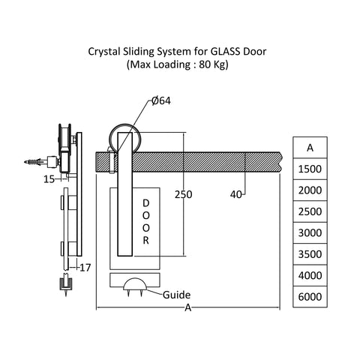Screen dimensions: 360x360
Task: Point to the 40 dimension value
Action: click(x=237, y=193)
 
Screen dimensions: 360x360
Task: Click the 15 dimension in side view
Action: click(x=49, y=178)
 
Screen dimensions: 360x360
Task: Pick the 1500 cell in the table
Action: click(x=310, y=169)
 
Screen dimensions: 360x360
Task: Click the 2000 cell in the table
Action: click(x=310, y=190)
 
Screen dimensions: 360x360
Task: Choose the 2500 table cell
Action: click(x=310, y=211)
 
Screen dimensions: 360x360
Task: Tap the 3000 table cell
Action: click(x=310, y=233)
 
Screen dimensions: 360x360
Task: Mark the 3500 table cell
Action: click(x=310, y=254)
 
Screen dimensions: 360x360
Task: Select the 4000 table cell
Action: click(x=310, y=275)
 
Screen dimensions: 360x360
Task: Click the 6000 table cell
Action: click(x=310, y=296)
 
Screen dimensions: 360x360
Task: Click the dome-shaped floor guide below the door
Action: click(x=136, y=283)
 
